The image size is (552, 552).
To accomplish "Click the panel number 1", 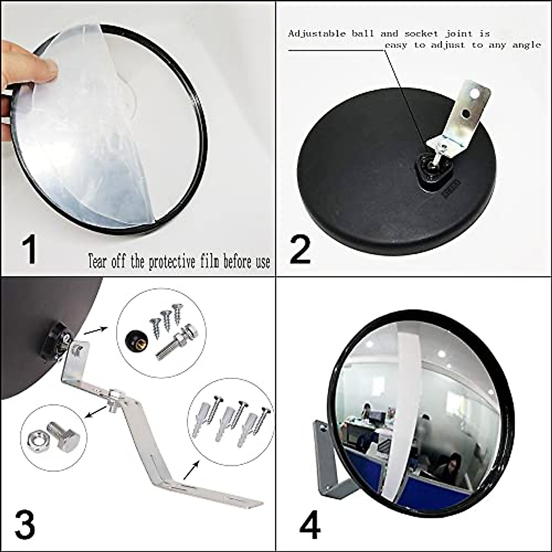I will pos(30,249).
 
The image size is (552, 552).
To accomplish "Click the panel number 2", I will pos(300,249).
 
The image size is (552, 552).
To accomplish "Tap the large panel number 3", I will pos(25,524).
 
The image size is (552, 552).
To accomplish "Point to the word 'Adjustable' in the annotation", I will pos(317,34).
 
